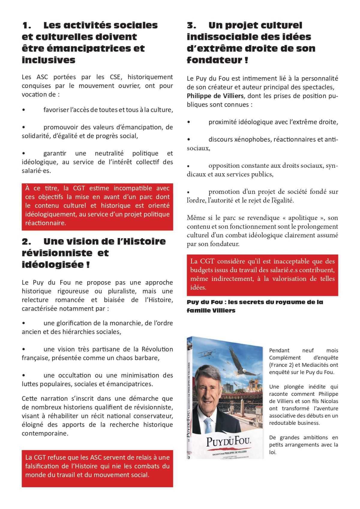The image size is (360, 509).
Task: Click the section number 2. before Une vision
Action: pos(27,241)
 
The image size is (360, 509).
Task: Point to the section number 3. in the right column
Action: pos(192,25)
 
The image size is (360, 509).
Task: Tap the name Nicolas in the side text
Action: pos(328,401)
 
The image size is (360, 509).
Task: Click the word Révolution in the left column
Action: pos(157,349)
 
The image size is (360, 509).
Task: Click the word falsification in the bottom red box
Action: pos(42,466)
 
